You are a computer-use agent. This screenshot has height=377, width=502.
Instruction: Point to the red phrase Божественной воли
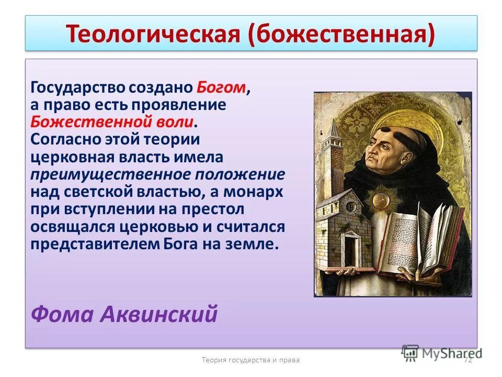[x=112, y=122]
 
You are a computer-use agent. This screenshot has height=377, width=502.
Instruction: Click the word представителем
[x=95, y=245]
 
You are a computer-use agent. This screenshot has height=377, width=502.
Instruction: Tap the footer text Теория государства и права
[x=250, y=359]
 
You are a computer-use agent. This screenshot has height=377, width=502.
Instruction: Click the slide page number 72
[x=468, y=359]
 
